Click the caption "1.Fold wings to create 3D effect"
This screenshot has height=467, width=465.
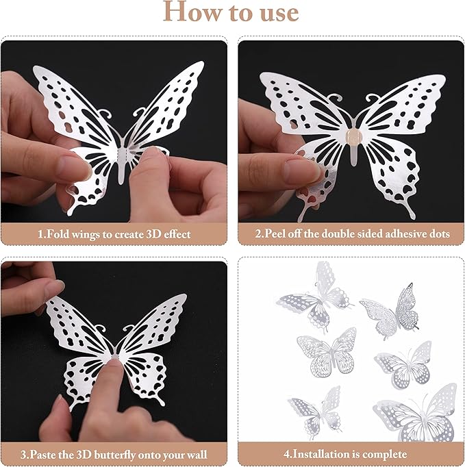[x=114, y=233]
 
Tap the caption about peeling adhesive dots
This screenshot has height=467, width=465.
[x=352, y=233]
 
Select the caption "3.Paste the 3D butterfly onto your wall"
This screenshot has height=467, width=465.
[x=114, y=454]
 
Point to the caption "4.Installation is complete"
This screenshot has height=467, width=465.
[x=352, y=454]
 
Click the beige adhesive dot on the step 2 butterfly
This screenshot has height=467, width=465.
[x=351, y=134]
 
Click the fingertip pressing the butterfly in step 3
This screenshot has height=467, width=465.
[x=112, y=361]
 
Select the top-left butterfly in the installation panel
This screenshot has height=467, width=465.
[x=314, y=296]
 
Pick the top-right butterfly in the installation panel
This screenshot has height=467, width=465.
[x=391, y=309]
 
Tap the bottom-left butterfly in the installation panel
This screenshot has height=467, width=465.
[x=314, y=412]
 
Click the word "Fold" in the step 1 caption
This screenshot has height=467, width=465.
[x=58, y=233]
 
